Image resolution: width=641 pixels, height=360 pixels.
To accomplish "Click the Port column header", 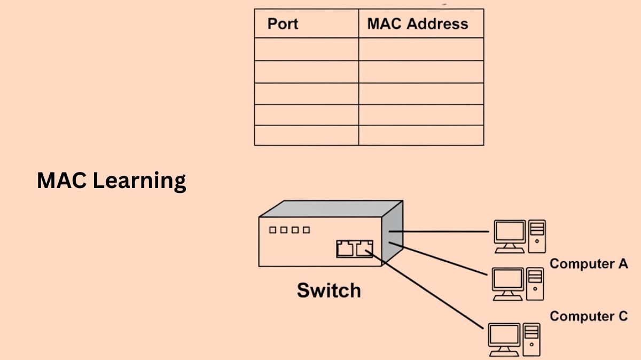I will click(x=283, y=24).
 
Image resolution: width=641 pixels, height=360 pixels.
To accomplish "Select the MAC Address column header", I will click(x=418, y=24).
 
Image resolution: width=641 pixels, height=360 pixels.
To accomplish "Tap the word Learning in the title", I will click(x=139, y=181).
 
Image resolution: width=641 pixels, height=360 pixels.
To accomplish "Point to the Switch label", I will click(x=329, y=291).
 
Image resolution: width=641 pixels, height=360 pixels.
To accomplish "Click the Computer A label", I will click(x=589, y=263).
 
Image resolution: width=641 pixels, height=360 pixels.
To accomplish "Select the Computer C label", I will click(x=589, y=316).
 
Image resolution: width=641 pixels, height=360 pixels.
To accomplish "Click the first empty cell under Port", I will click(x=306, y=49).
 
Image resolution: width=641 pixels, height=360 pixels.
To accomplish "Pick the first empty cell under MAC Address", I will click(x=421, y=49).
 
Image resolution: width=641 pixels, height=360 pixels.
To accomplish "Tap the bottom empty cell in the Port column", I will click(x=306, y=135).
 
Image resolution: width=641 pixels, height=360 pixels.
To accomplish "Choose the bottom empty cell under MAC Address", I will click(x=421, y=135).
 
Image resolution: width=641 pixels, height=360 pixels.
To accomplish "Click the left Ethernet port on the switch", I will click(x=345, y=248).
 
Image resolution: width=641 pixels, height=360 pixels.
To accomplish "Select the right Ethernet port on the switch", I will click(x=364, y=248).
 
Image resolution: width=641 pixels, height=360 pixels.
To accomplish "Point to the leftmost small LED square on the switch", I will click(x=273, y=230).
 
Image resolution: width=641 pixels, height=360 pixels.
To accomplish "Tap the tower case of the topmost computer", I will click(x=537, y=236).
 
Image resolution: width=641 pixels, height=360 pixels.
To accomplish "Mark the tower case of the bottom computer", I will click(x=532, y=339).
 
